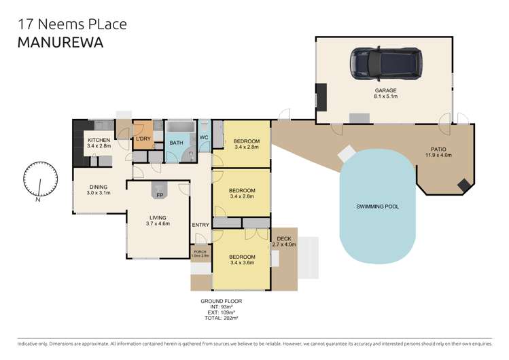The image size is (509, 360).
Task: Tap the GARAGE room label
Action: (x=385, y=90)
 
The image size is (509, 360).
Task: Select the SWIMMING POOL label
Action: (x=377, y=206)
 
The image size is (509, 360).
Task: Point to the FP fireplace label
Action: (x=160, y=196)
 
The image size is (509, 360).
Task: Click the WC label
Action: (x=203, y=138)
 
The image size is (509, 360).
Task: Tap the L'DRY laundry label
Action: (x=143, y=139)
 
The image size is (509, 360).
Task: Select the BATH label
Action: (x=176, y=143)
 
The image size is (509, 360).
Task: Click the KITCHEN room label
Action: (x=98, y=140)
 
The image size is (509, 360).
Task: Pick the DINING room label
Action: (x=98, y=187)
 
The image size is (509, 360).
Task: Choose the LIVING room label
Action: (x=159, y=217)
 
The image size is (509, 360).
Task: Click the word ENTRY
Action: (x=200, y=226)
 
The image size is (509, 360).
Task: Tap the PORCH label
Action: (x=200, y=252)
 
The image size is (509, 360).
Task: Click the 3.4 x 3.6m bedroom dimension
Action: (x=242, y=263)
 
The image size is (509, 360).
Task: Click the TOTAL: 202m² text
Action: (x=221, y=318)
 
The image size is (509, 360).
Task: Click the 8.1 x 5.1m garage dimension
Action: (x=385, y=96)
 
